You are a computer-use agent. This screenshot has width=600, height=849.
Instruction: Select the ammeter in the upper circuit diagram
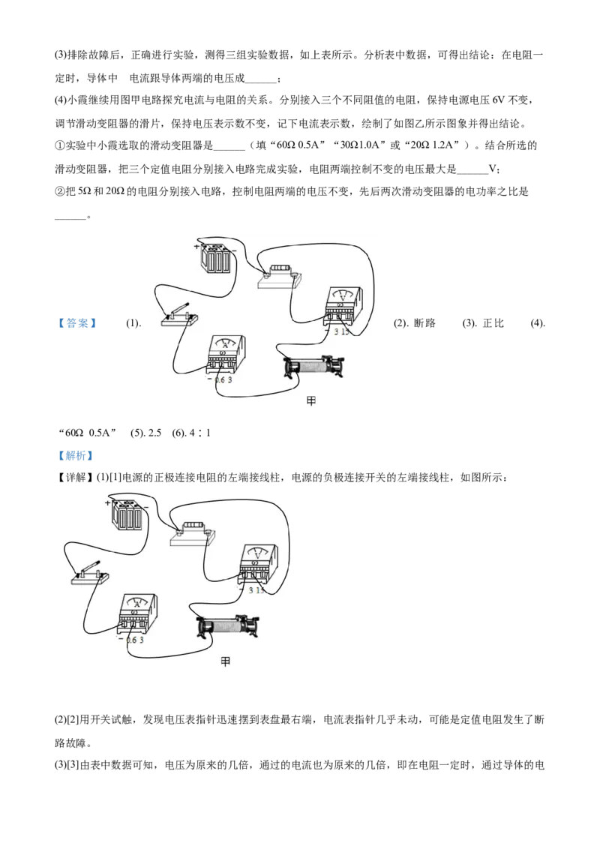click(225, 355)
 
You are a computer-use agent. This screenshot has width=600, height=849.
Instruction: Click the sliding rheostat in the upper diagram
click(315, 367)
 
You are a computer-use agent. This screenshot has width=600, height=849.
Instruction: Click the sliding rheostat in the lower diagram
click(228, 626)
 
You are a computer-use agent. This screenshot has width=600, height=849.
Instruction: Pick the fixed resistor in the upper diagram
click(279, 277)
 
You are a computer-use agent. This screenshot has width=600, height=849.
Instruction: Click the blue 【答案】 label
click(78, 323)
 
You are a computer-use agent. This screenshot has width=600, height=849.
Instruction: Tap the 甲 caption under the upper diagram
click(310, 401)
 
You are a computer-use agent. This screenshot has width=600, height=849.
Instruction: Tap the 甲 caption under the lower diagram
click(225, 661)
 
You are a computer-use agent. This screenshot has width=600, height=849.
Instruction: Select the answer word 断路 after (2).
click(424, 323)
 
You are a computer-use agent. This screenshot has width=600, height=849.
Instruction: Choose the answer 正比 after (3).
click(493, 323)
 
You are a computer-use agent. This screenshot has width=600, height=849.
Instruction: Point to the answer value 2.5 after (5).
click(154, 433)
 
